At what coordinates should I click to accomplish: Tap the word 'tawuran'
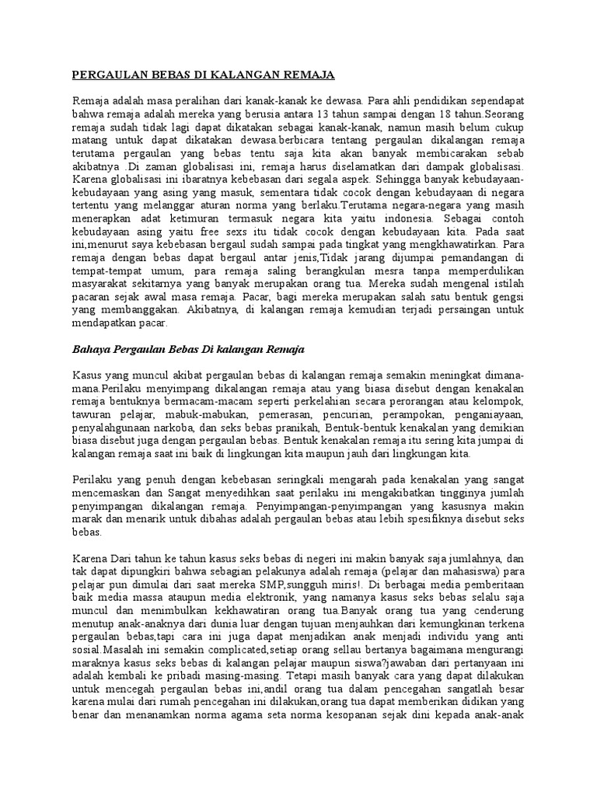tap(90, 414)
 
